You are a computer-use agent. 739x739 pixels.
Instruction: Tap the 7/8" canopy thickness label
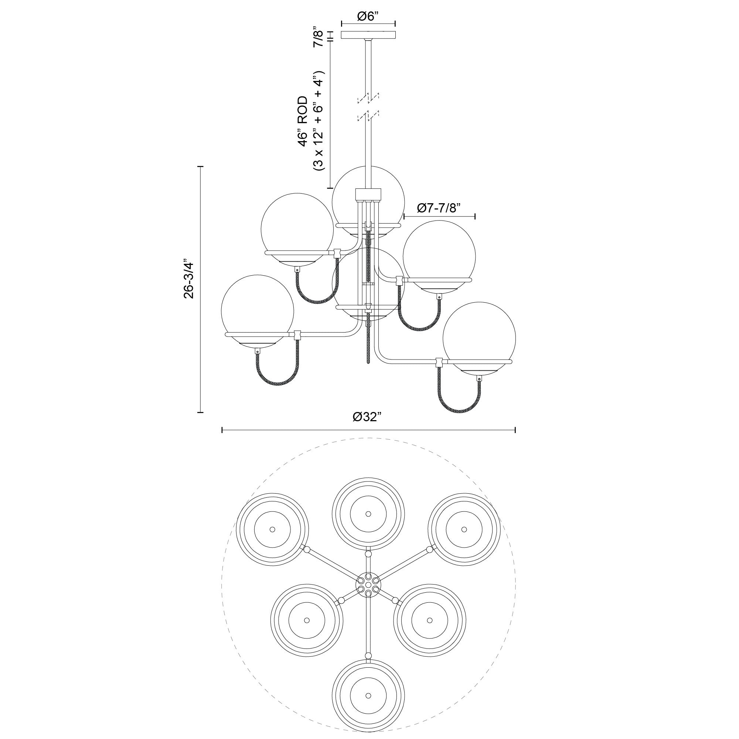(318, 36)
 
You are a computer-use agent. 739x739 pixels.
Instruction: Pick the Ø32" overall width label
(368, 417)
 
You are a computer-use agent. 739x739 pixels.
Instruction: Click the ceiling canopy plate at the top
(368, 35)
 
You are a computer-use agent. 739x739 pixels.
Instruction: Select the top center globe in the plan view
(368, 514)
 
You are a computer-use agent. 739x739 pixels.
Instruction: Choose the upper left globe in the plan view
(272, 529)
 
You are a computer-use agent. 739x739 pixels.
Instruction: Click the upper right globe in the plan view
(464, 529)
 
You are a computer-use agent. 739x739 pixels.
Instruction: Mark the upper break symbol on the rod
(368, 98)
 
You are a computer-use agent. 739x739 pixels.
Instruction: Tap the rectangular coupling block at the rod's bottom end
(368, 194)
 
